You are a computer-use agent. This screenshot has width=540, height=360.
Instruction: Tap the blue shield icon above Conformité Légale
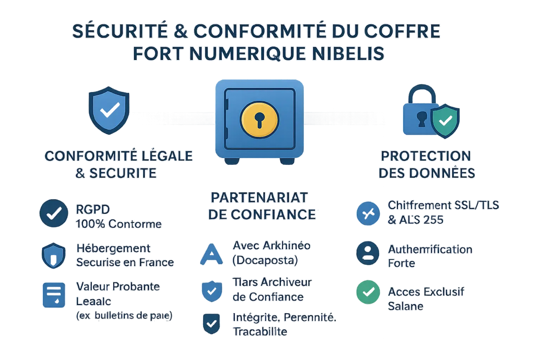[x=109, y=110]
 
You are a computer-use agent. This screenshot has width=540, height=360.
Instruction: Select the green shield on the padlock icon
[x=445, y=121]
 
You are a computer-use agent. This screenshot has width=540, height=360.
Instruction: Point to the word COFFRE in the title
[x=402, y=31]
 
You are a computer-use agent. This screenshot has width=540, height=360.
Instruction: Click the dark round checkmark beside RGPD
[x=53, y=213]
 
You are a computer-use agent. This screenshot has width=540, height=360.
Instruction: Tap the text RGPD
[x=93, y=210]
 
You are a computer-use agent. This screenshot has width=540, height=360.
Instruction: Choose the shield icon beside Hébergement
[x=53, y=256]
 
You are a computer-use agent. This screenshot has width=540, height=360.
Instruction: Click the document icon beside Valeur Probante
[x=54, y=295]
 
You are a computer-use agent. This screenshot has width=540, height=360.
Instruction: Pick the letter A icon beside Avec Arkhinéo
[x=212, y=254]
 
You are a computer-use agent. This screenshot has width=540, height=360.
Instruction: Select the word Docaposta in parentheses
[x=265, y=260]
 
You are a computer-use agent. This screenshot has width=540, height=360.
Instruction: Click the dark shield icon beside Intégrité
[x=211, y=324]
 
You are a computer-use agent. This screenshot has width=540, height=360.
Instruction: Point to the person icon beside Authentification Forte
[x=368, y=253]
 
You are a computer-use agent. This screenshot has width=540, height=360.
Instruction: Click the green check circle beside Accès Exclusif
[x=368, y=292]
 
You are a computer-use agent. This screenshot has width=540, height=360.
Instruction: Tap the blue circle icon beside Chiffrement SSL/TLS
[x=368, y=213]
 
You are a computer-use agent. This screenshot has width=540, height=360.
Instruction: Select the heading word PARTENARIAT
[x=259, y=198]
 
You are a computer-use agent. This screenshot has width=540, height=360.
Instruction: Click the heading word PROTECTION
[x=426, y=156]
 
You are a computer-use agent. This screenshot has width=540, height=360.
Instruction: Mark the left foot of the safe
[x=232, y=161]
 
